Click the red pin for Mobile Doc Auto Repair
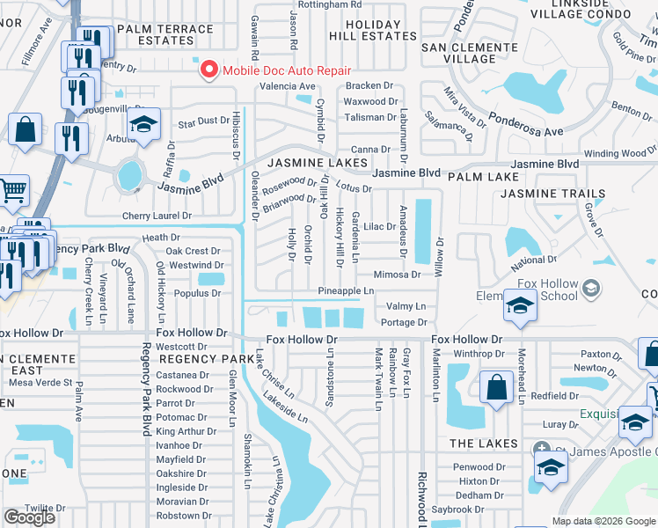208,70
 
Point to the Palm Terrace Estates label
164,35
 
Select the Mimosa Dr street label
397,275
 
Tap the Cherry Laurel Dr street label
157,216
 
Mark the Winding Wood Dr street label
614,154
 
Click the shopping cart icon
12,190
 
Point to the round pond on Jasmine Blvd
130,174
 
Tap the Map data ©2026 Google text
603,521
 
